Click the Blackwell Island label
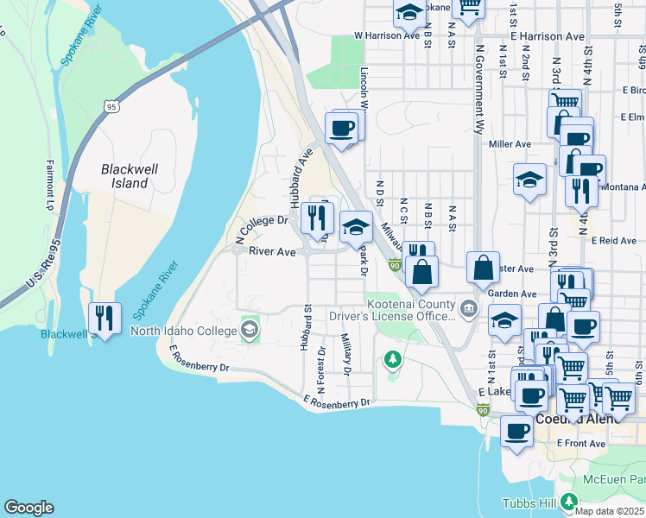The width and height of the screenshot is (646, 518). pyautogui.click(x=129, y=176)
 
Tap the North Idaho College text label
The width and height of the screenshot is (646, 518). pyautogui.click(x=183, y=330)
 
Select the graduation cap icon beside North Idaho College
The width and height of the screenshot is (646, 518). pyautogui.click(x=250, y=330)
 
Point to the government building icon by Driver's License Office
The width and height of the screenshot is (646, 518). pyautogui.click(x=468, y=307)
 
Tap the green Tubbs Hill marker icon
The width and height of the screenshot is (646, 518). pyautogui.click(x=568, y=502)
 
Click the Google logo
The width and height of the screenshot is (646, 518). pyautogui.click(x=28, y=508)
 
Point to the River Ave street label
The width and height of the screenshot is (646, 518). pyautogui.click(x=273, y=252)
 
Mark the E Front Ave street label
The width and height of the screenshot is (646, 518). pyautogui.click(x=581, y=442)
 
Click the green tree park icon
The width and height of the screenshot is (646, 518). pyautogui.click(x=393, y=357)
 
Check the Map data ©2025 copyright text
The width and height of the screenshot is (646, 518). pyautogui.click(x=610, y=511)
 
